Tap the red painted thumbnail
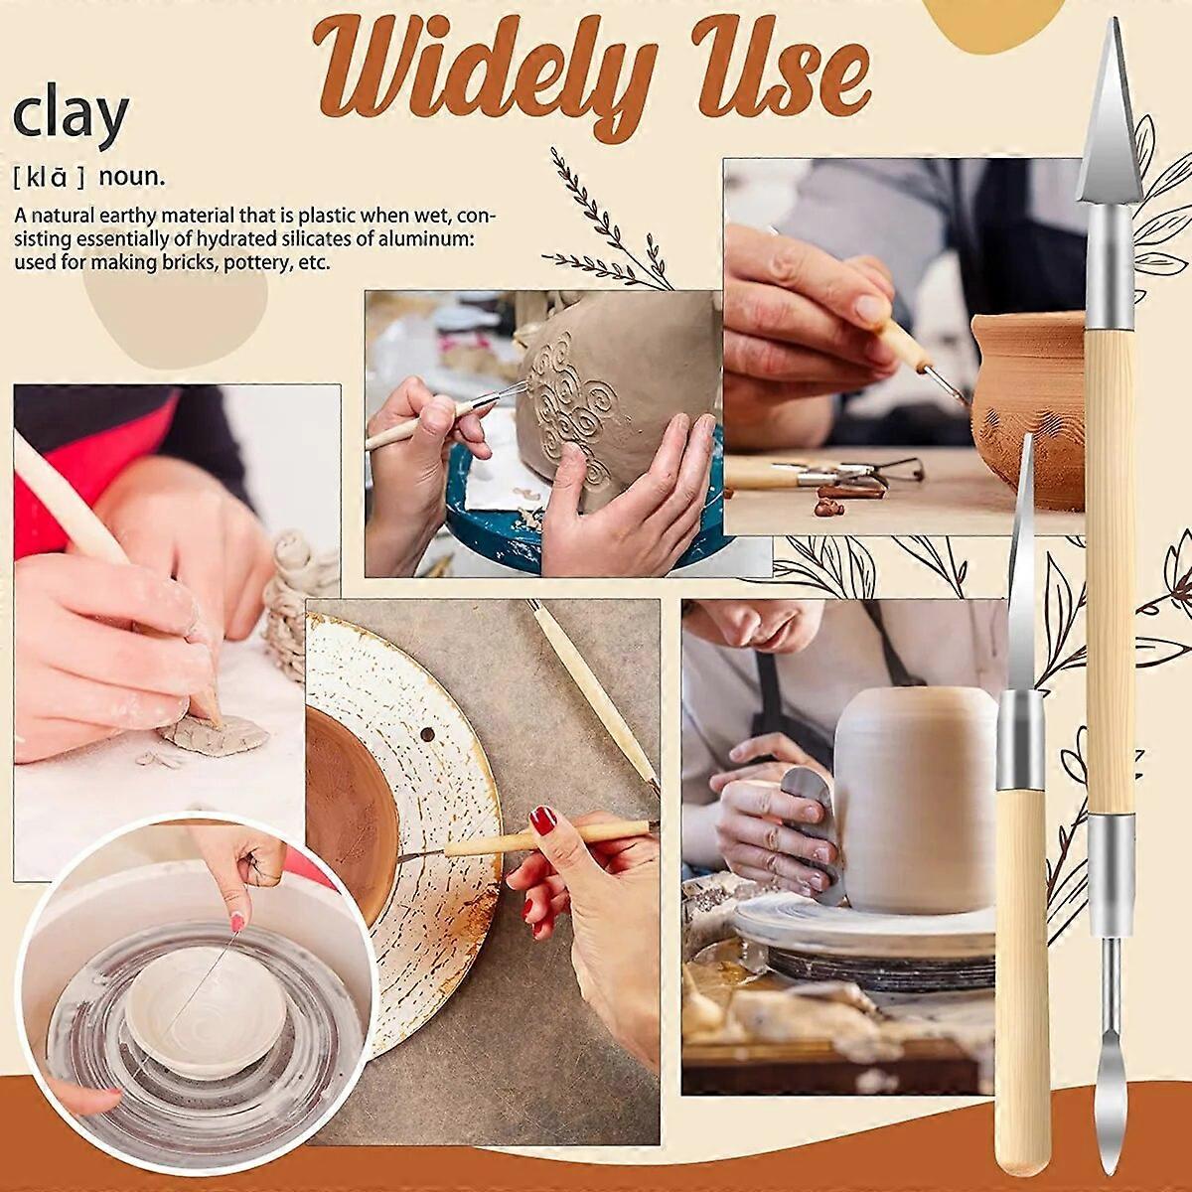(x=542, y=820)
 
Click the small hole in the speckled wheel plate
(x=427, y=735)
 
